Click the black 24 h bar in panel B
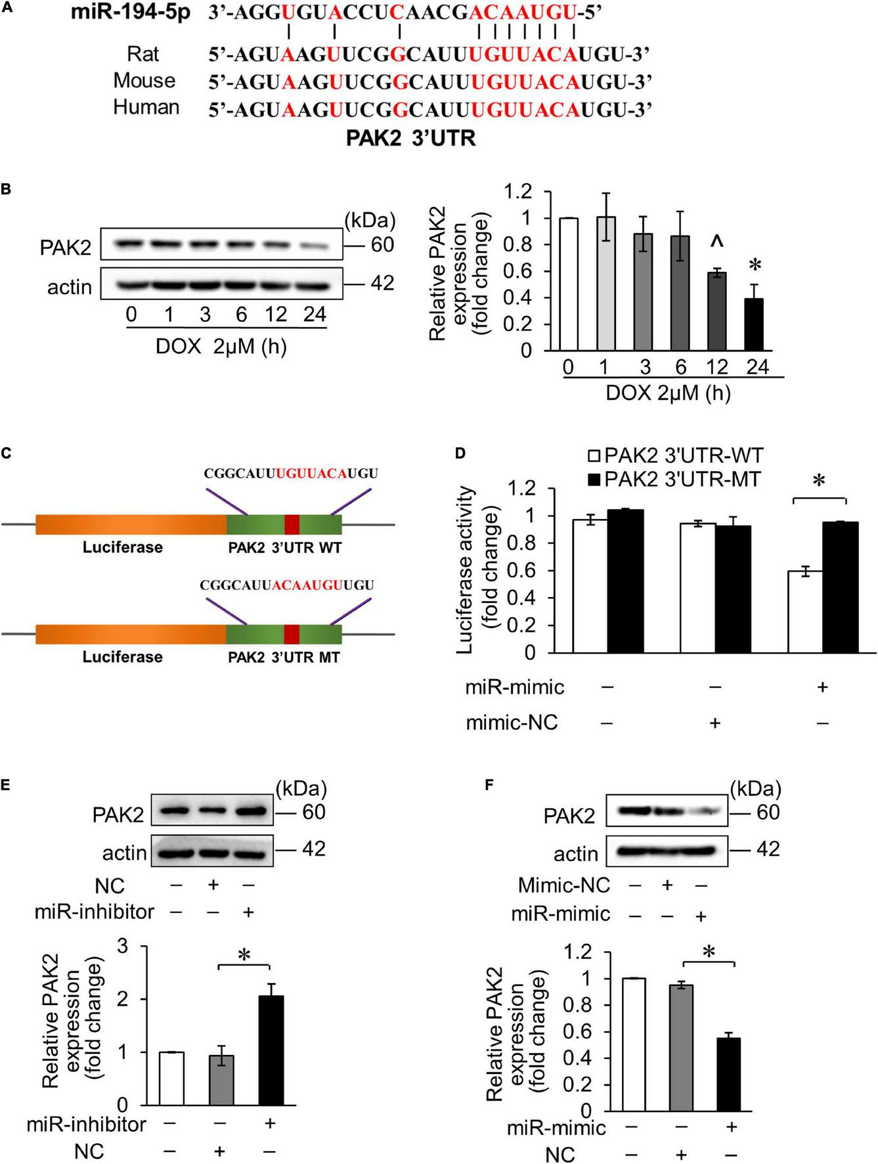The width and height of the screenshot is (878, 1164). (757, 325)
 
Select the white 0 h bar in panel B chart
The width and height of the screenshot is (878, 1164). (569, 284)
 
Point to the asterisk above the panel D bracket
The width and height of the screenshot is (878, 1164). (819, 482)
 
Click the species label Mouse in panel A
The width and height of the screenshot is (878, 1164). (144, 81)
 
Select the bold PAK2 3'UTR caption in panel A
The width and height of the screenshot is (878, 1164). (411, 139)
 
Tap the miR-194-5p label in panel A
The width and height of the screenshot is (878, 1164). (131, 12)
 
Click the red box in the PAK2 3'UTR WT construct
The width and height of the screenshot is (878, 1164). (292, 524)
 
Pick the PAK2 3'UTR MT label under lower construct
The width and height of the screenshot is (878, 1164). (284, 658)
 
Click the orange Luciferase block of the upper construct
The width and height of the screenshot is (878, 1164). (131, 524)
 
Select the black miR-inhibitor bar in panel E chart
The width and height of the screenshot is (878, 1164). (271, 1050)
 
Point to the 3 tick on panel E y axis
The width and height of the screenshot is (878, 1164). (122, 947)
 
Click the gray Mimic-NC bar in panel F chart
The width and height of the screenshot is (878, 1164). (682, 1047)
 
